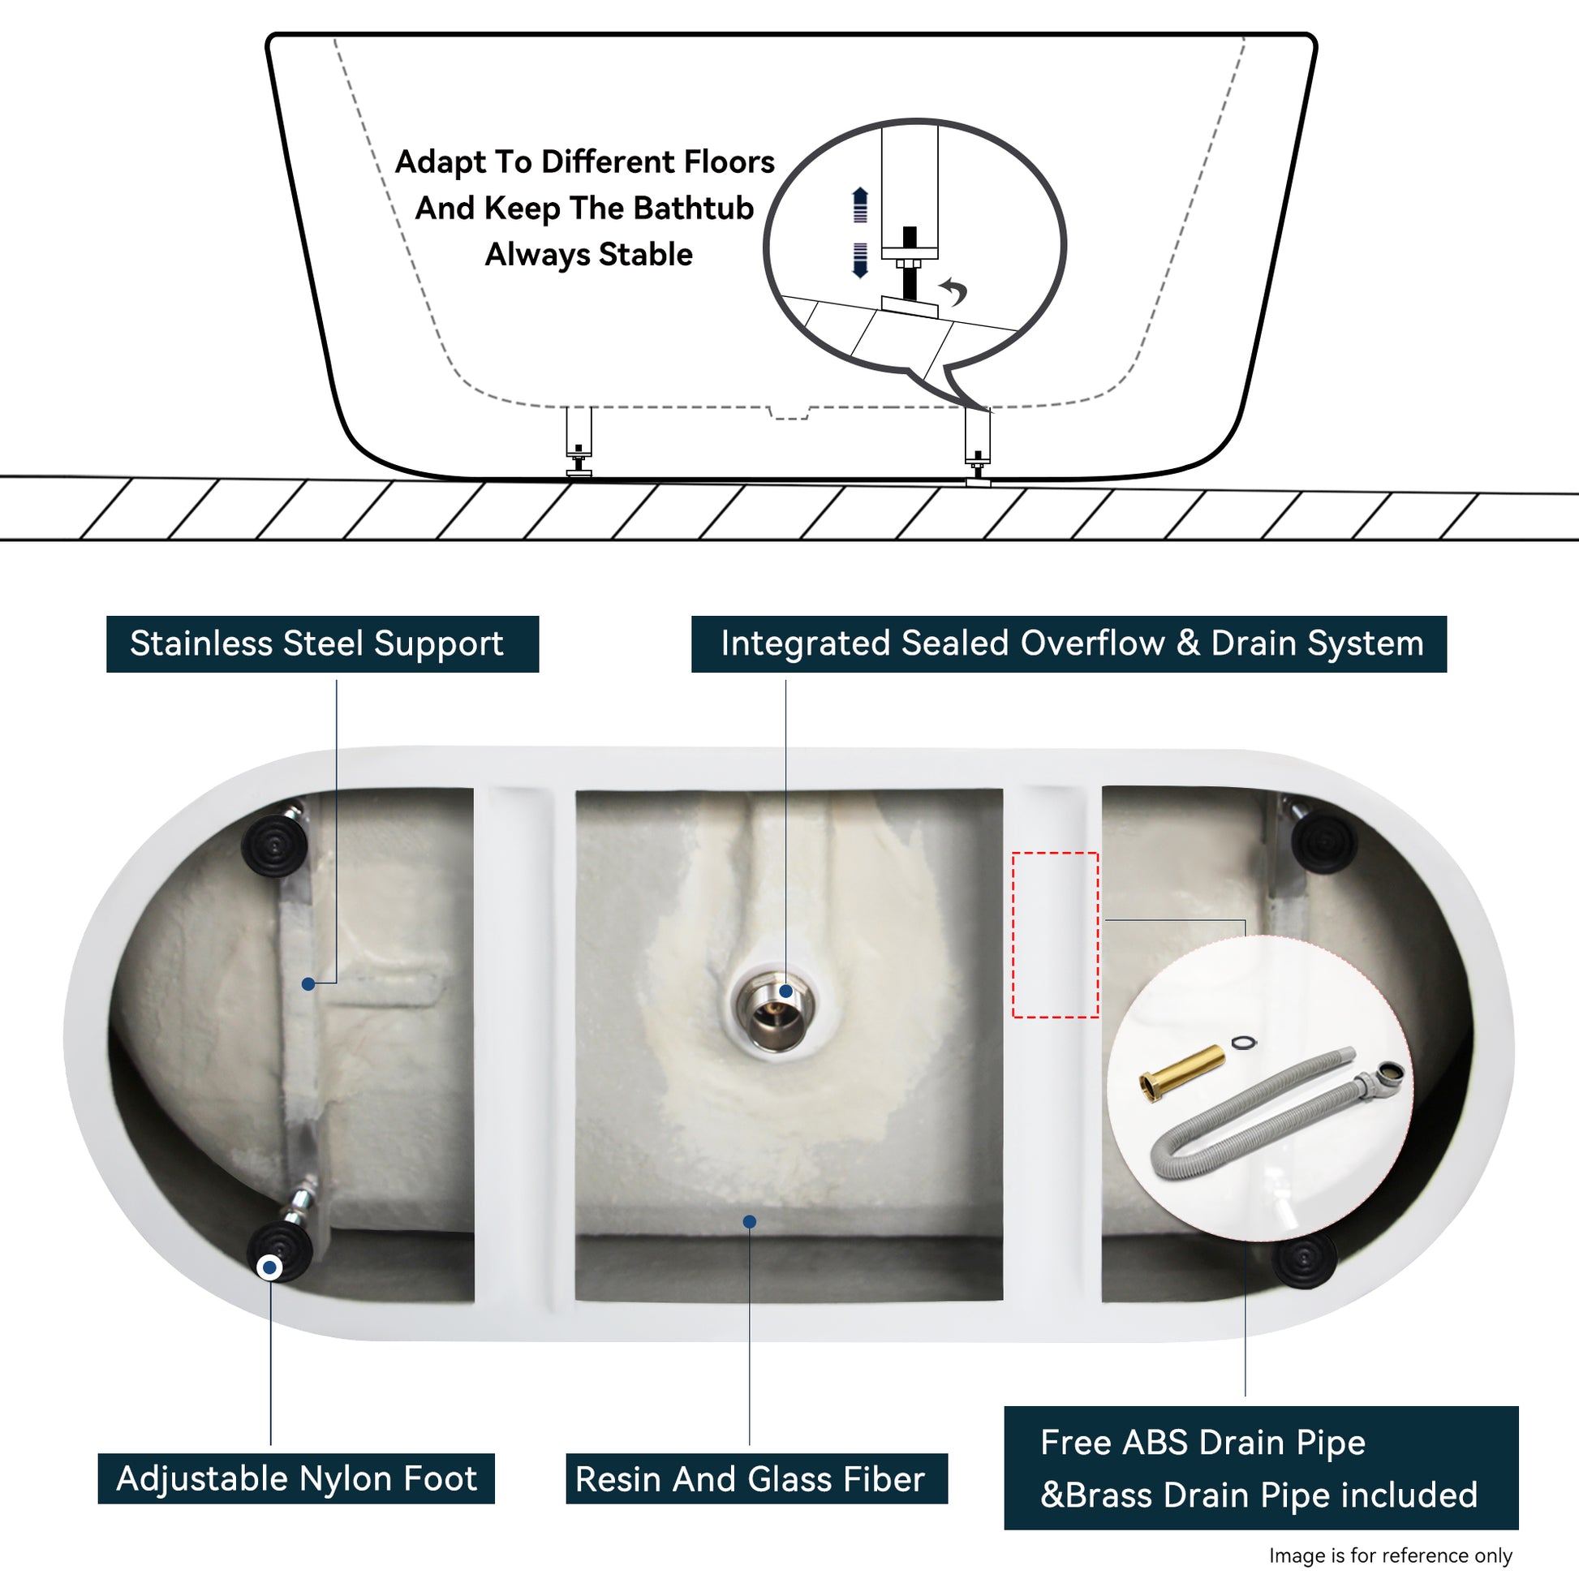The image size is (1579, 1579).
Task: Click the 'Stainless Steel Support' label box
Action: [322, 644]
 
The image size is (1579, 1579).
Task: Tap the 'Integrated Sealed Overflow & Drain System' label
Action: [1069, 644]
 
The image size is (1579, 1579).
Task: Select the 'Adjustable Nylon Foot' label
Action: [296, 1478]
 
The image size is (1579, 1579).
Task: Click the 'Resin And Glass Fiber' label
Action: [756, 1478]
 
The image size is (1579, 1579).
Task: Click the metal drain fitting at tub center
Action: [774, 1012]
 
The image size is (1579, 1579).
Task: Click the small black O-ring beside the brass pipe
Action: [1242, 1042]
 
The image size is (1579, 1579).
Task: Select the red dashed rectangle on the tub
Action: [1055, 935]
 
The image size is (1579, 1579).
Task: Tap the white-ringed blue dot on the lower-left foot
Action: [269, 1267]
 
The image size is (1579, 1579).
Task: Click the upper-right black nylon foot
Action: [1324, 841]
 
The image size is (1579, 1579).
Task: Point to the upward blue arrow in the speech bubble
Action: [860, 204]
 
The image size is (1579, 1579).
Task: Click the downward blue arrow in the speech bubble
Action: [860, 260]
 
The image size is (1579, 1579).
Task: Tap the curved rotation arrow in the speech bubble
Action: [953, 290]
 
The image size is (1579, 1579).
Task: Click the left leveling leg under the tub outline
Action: [579, 441]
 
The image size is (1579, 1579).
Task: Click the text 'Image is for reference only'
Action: [1390, 1555]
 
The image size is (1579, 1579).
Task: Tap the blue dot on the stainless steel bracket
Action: [308, 984]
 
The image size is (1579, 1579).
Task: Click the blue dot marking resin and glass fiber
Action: [750, 1222]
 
